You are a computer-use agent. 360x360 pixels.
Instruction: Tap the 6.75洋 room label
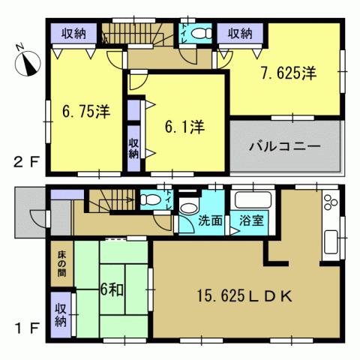(x=85, y=112)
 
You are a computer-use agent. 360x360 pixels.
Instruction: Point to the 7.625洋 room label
(x=289, y=73)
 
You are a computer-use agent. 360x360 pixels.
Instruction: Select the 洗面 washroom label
(x=211, y=221)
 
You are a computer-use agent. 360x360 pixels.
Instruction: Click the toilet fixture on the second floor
(x=199, y=34)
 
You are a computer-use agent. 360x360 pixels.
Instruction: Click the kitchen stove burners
(x=330, y=202)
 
